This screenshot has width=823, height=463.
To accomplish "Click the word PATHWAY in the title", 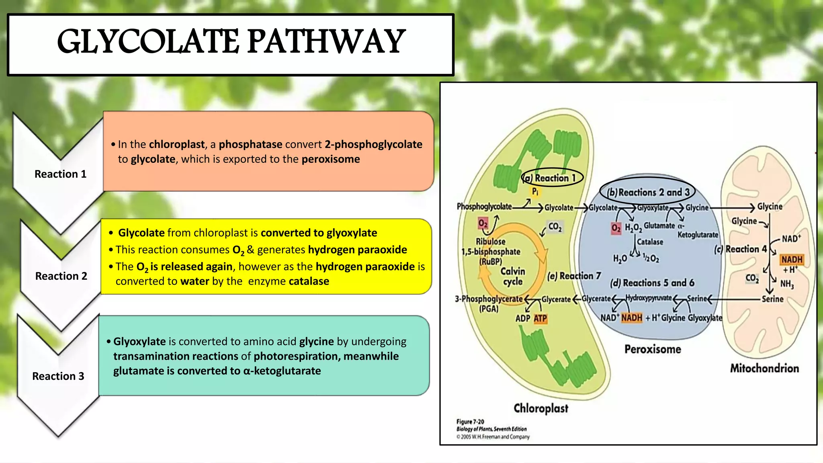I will point(326,42).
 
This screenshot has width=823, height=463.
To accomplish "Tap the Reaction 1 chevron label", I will point(60,174).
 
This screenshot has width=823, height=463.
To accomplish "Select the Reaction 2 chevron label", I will point(61,276).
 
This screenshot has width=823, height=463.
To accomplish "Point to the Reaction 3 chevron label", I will point(58,376).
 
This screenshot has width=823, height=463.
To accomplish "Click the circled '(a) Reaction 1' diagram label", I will point(553,178).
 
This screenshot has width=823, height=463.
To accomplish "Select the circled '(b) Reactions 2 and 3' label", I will point(648,193).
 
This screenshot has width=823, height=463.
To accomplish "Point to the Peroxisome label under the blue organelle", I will point(653,349).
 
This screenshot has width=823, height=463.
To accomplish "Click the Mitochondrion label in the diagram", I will point(764,368).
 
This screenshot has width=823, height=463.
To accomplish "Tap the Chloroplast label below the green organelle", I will point(541,408).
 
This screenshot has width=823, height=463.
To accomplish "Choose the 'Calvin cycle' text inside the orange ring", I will point(513,276).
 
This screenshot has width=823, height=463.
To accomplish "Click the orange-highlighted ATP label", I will point(540,319).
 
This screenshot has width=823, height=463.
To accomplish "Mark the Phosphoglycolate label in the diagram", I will point(484,207).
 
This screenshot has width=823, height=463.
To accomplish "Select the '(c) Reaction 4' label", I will point(741,249).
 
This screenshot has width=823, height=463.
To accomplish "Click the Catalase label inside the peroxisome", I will point(650,242).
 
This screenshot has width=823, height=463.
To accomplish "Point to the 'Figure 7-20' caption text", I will point(470,422).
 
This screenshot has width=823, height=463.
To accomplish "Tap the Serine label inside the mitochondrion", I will point(772,299).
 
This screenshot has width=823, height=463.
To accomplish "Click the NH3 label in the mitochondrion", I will point(787,284).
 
